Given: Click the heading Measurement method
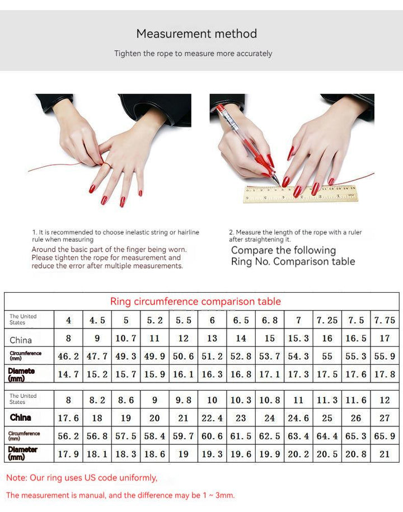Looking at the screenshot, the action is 196,34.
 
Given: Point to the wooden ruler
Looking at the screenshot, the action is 301,194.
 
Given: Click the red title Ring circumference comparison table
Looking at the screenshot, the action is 195,302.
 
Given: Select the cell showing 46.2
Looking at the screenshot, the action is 68,356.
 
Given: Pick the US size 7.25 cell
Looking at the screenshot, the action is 327,320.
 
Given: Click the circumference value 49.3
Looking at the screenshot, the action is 126,356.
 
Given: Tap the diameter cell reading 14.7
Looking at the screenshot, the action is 68,374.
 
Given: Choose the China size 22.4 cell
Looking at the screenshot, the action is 212,418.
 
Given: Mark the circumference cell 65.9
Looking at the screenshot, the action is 385,436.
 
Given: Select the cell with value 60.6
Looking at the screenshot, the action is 212,436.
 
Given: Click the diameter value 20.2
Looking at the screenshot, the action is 298,454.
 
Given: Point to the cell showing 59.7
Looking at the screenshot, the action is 183,436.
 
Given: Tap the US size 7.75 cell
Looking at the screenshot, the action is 385,320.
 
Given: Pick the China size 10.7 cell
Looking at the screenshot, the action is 126,338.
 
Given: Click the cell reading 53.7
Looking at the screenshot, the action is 269,356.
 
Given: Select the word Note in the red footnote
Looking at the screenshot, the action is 17,478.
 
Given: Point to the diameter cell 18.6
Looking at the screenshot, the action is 154,454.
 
